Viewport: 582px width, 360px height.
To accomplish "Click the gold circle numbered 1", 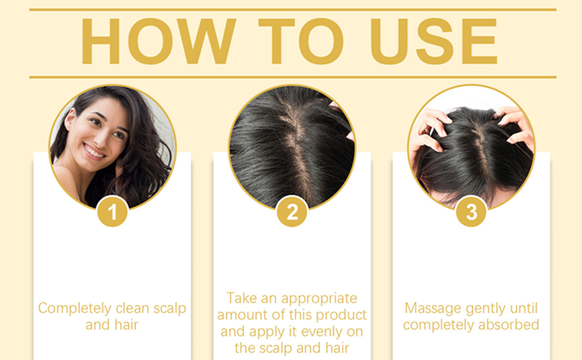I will (x=112, y=212).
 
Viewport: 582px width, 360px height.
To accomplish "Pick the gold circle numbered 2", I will (x=292, y=212).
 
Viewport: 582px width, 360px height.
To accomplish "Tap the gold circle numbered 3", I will (x=471, y=212).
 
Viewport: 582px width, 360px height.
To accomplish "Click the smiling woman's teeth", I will (x=94, y=151).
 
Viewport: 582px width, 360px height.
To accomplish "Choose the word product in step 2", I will (x=343, y=315).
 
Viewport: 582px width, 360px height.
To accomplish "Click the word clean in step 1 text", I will (x=133, y=309).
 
